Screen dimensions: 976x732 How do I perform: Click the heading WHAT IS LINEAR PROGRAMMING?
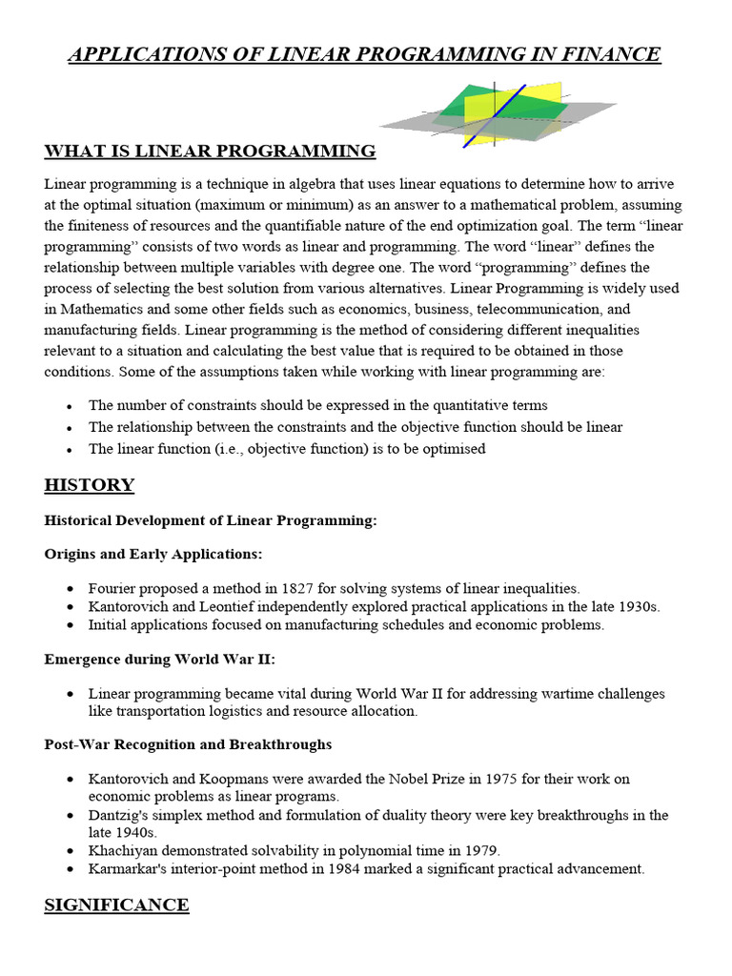tap(210, 152)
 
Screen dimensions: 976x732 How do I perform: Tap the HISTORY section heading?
tap(90, 485)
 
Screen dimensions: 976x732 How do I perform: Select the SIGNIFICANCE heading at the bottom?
tap(116, 905)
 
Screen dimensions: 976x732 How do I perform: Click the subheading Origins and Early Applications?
tap(153, 554)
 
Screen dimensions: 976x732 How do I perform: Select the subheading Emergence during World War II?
tap(159, 660)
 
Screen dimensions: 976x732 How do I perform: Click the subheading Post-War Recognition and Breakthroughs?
tap(188, 743)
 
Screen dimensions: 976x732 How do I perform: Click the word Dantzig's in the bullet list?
tap(118, 815)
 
